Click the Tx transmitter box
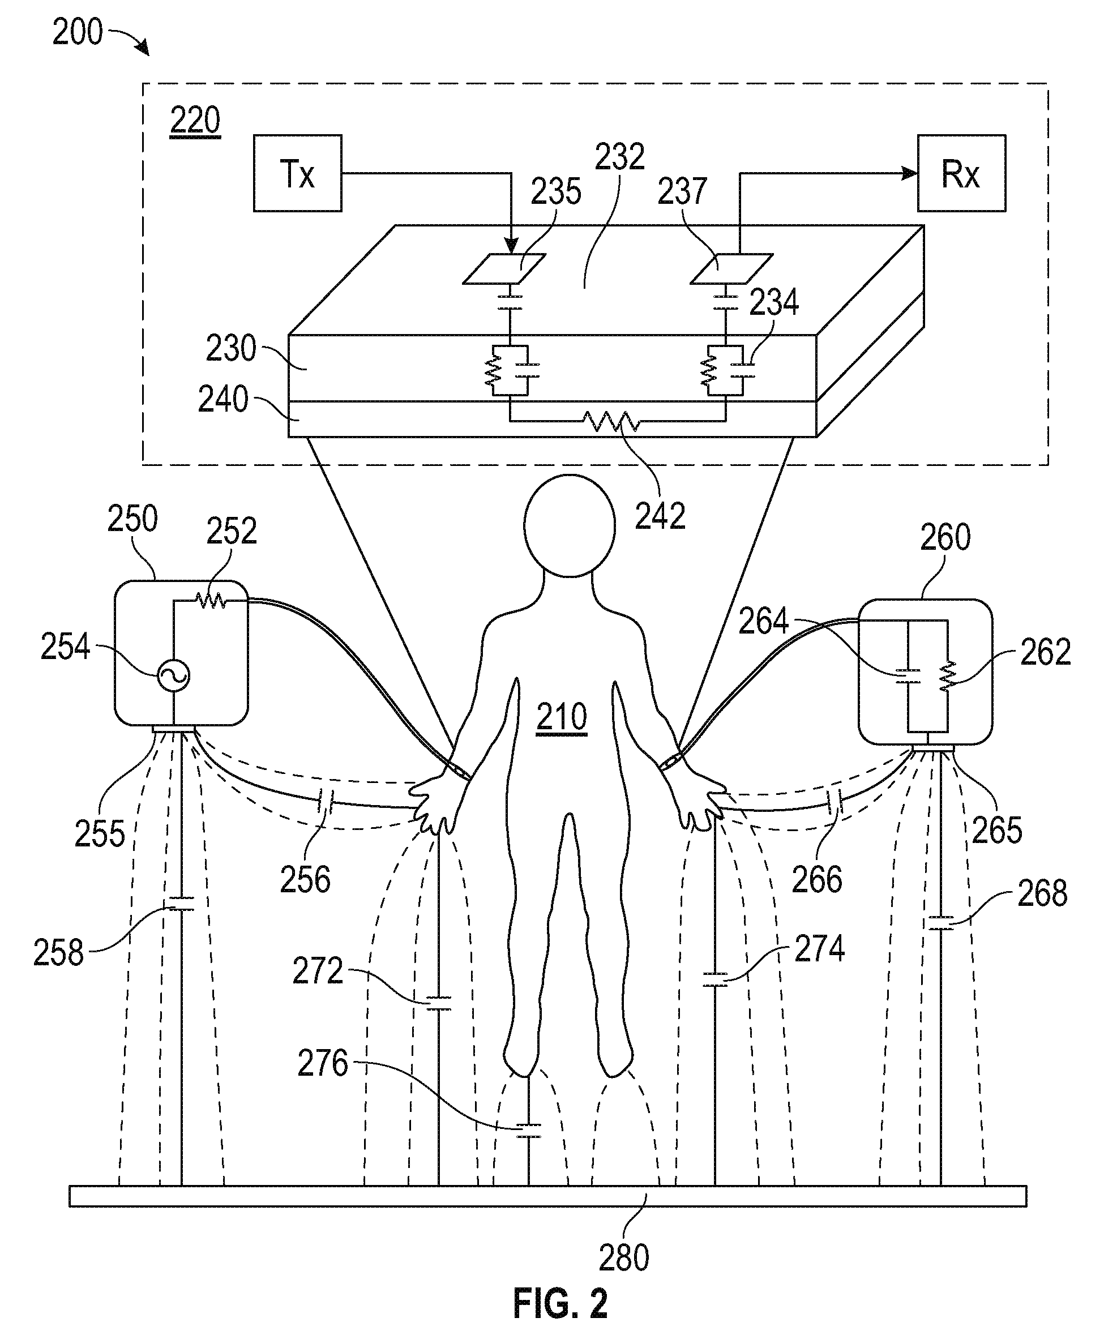(x=297, y=173)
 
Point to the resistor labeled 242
(x=612, y=421)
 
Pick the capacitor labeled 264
(x=908, y=676)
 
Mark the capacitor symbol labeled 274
(x=715, y=979)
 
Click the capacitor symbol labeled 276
(x=528, y=1129)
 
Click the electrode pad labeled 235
(x=504, y=268)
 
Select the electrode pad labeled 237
(x=731, y=268)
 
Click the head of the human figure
(x=570, y=525)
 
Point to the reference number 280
(x=624, y=1257)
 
